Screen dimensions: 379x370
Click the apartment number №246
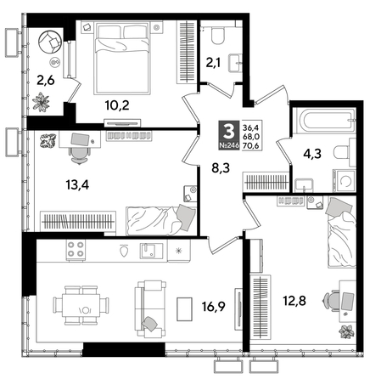(227, 146)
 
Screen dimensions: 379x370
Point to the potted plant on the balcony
(43, 102)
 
